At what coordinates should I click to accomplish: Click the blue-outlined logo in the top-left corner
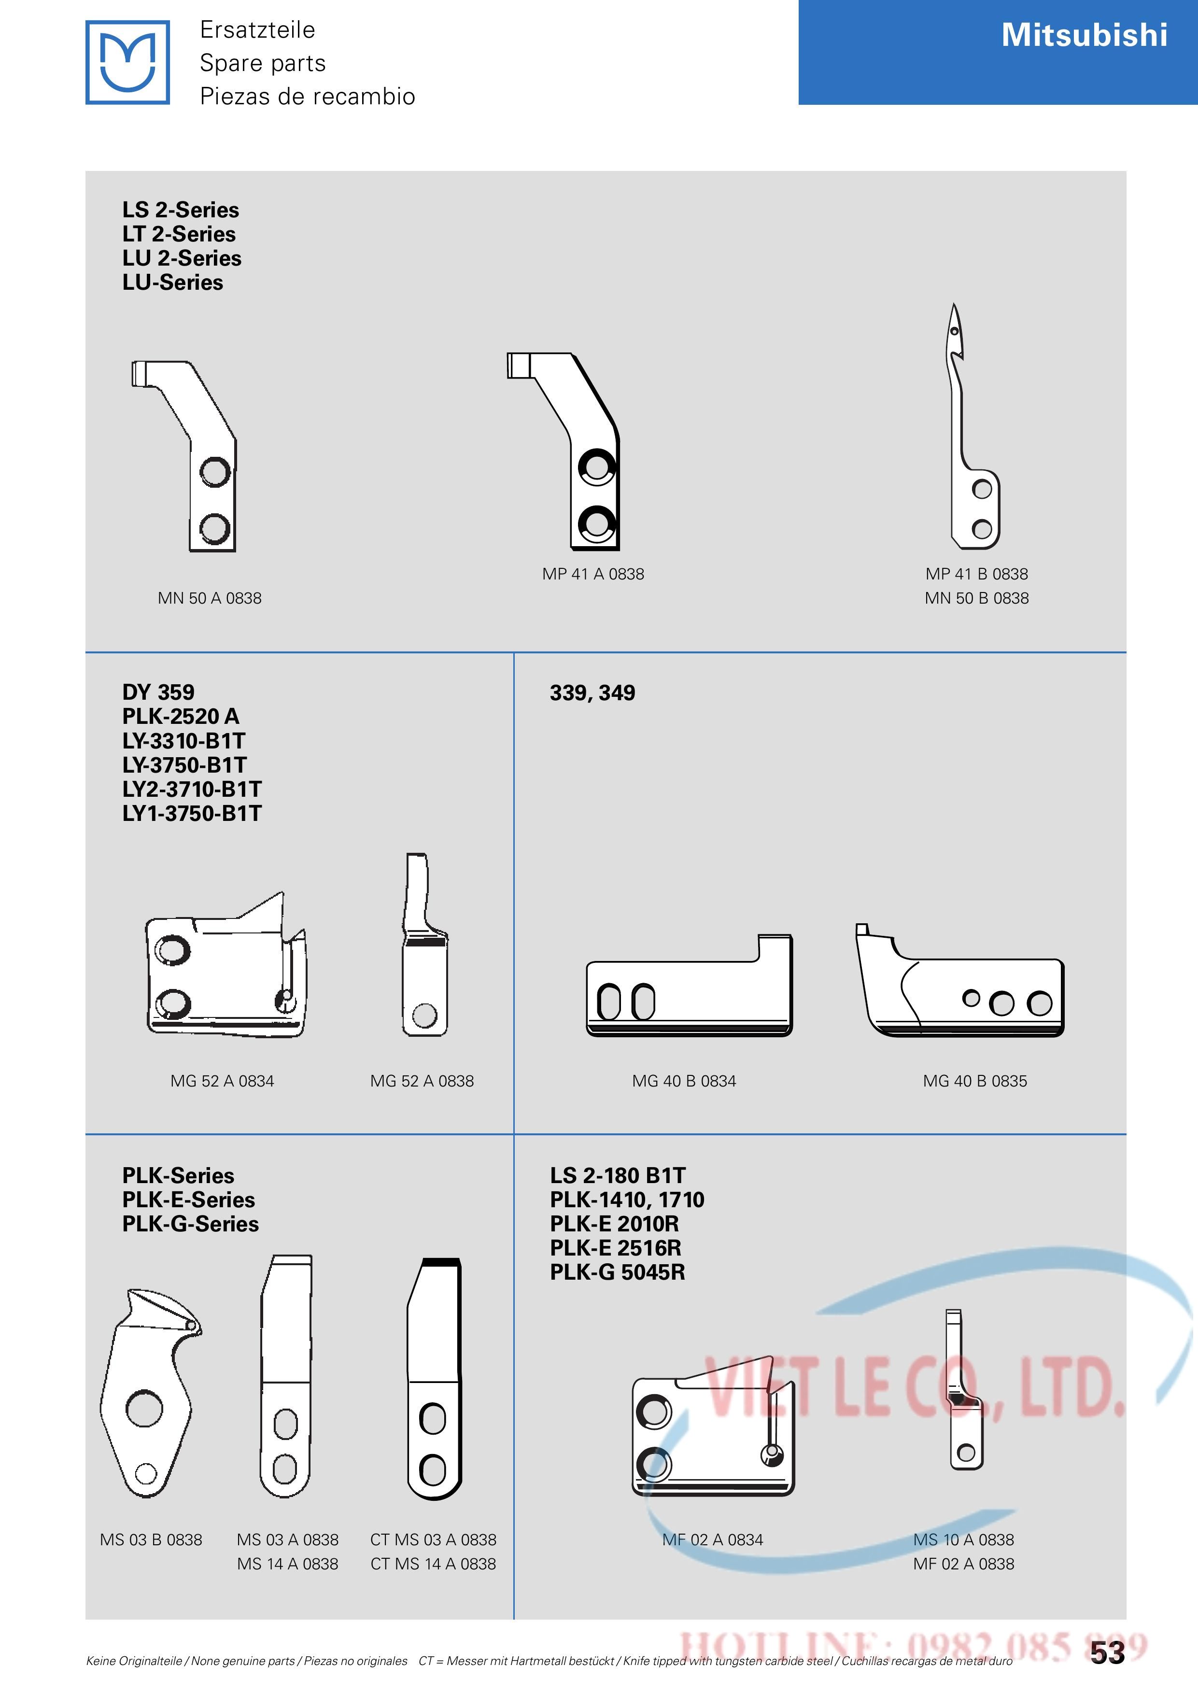click(127, 62)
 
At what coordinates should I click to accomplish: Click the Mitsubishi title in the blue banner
click(1084, 35)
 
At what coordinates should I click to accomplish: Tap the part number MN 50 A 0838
click(210, 598)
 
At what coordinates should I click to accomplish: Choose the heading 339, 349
click(592, 693)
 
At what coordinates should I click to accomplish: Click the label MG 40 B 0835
click(974, 1081)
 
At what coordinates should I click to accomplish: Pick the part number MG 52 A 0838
click(422, 1081)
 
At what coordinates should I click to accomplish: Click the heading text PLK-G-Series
click(190, 1224)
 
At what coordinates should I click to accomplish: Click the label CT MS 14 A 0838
click(433, 1564)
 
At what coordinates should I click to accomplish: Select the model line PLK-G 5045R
click(618, 1272)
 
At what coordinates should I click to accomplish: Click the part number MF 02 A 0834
click(713, 1540)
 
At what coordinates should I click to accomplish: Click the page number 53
click(1107, 1652)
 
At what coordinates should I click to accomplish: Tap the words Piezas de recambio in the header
click(308, 96)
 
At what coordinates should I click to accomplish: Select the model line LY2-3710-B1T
click(192, 790)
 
